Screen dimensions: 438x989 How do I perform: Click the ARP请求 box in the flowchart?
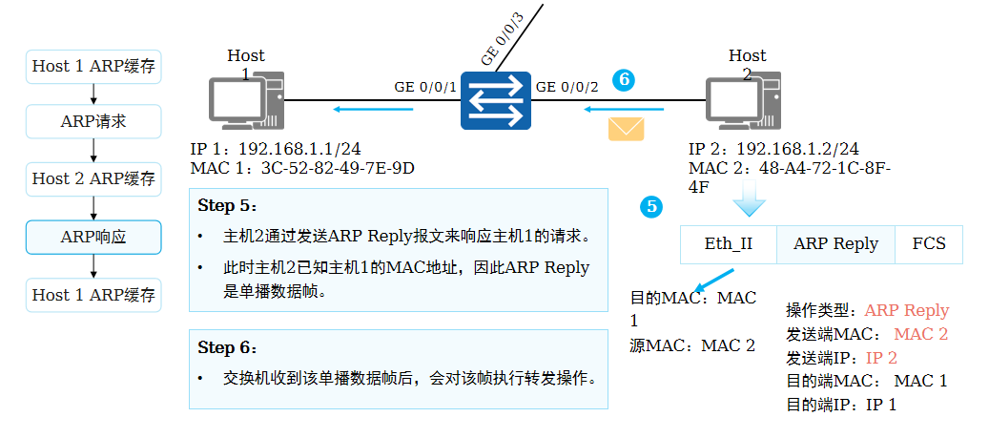tap(93, 122)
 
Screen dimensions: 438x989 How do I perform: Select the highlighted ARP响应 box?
tap(93, 237)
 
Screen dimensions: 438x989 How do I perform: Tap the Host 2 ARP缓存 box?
tap(93, 179)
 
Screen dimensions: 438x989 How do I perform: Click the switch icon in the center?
tap(494, 100)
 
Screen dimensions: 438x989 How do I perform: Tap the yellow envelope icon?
tap(627, 128)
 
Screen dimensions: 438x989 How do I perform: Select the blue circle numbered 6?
tap(624, 80)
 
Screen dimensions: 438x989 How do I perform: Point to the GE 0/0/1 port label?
tap(425, 87)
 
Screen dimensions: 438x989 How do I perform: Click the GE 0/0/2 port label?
tap(567, 87)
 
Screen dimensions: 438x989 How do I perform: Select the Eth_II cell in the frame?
tap(728, 244)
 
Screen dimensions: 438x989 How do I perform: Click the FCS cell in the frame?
tap(928, 244)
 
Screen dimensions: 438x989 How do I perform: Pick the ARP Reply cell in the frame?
tap(835, 244)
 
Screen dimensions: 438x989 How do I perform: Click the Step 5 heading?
tap(227, 206)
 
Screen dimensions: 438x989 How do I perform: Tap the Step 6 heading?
tap(227, 347)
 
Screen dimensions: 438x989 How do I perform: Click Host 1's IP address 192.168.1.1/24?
tap(299, 149)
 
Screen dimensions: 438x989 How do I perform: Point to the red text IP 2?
tap(881, 358)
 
